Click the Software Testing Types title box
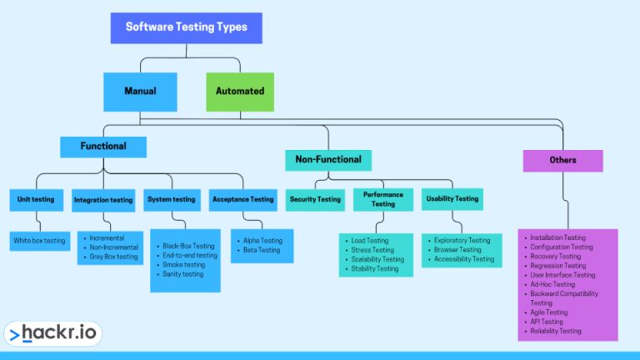coord(186,27)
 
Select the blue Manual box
coord(140,92)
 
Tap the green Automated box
coord(239,92)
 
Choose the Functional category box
coord(103,147)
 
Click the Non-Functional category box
coord(327,160)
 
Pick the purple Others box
coord(562,160)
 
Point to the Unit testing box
coord(36,200)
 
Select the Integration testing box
coord(103,200)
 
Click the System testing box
coord(171,200)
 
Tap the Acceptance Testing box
coord(242,200)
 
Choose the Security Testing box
coord(314,200)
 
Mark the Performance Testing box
coord(382,199)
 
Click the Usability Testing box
coord(452,199)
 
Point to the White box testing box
coord(39,241)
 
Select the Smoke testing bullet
coord(182,265)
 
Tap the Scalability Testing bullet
coord(377,259)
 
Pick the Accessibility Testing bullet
coord(463,259)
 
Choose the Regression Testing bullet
coord(557,266)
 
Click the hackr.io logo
coord(52,334)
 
